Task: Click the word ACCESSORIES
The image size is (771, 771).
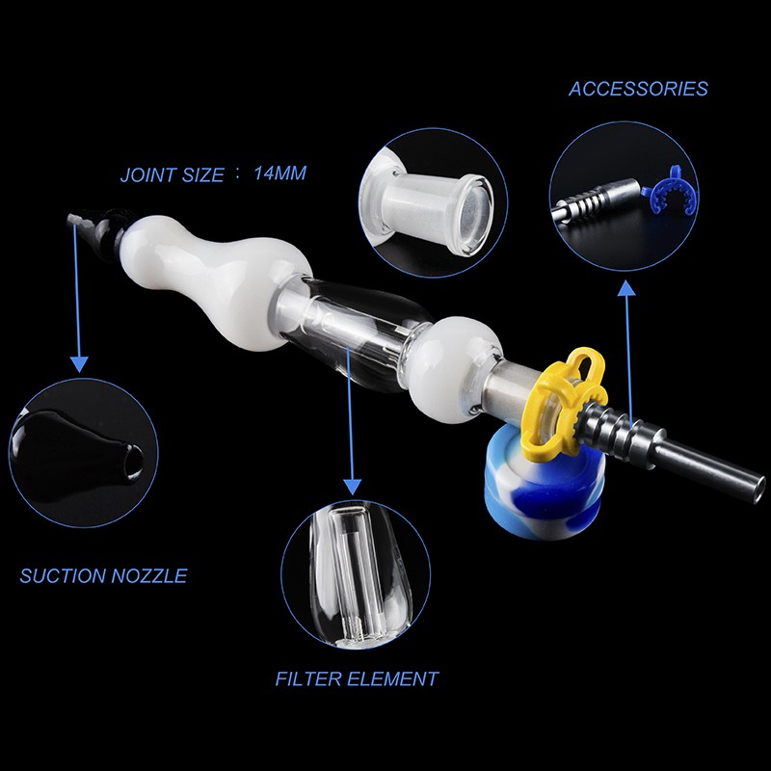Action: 638,89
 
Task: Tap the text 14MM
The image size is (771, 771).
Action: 279,173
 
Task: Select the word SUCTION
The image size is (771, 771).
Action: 63,575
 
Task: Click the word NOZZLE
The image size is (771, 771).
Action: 149,575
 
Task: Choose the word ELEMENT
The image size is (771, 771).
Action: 393,679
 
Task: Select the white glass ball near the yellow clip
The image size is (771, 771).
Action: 453,369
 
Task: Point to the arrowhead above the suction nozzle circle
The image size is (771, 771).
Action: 79,364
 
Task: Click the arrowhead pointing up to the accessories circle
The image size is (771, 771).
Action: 625,288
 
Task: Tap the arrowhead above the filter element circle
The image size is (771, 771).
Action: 352,487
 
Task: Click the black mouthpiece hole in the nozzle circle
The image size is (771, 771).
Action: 133,462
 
